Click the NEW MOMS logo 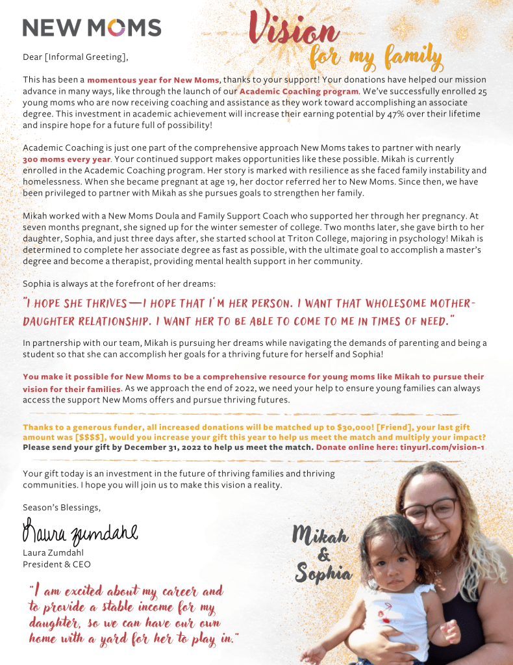[92, 27]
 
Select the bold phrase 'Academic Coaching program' [299, 91]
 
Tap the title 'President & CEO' [56, 564]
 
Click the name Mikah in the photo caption [320, 536]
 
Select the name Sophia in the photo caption [323, 574]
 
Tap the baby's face [392, 558]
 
